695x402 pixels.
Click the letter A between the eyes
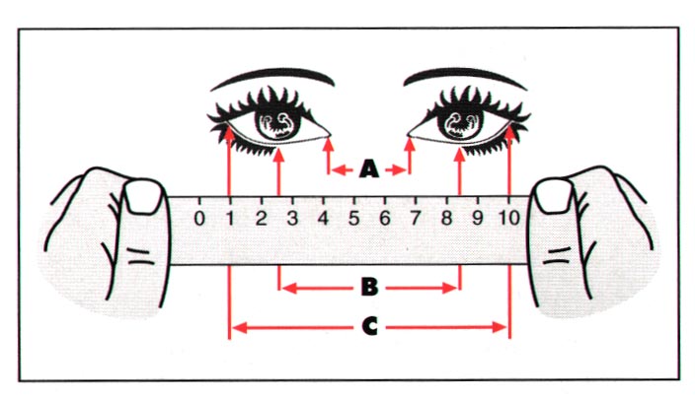tap(368, 170)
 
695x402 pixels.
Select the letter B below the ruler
tap(369, 288)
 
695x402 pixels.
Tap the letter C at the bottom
tap(369, 325)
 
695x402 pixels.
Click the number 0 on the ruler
tap(199, 218)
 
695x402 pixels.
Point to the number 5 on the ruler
tap(353, 218)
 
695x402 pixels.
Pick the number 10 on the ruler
tap(509, 218)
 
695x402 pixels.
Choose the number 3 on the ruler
tap(292, 218)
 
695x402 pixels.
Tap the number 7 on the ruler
tap(415, 218)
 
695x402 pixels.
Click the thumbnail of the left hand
tap(145, 197)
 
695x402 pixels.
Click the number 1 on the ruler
tap(231, 218)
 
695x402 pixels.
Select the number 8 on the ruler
tap(446, 218)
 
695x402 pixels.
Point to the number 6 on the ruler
tap(384, 218)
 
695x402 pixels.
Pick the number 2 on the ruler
tap(262, 218)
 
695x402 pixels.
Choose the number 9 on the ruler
tap(477, 218)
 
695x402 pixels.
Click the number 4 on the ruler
tap(323, 218)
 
